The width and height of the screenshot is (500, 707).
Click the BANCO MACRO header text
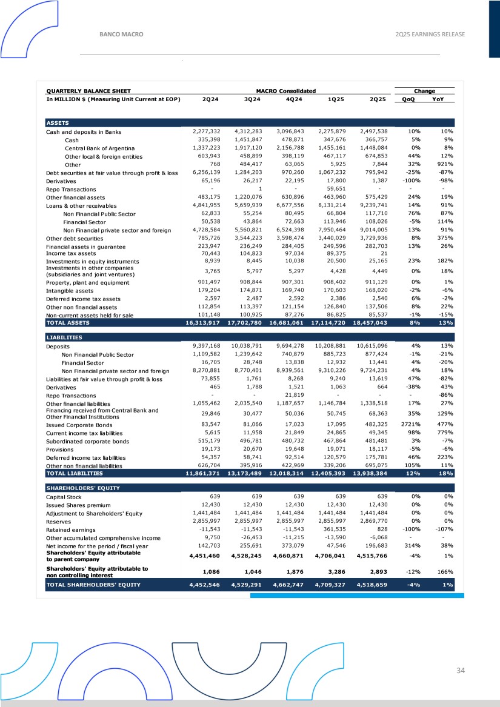[121, 35]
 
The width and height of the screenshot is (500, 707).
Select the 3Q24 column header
[248, 99]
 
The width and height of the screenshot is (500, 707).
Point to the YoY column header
[447, 99]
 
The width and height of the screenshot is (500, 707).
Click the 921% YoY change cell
[446, 164]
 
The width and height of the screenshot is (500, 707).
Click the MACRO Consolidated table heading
[285, 91]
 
